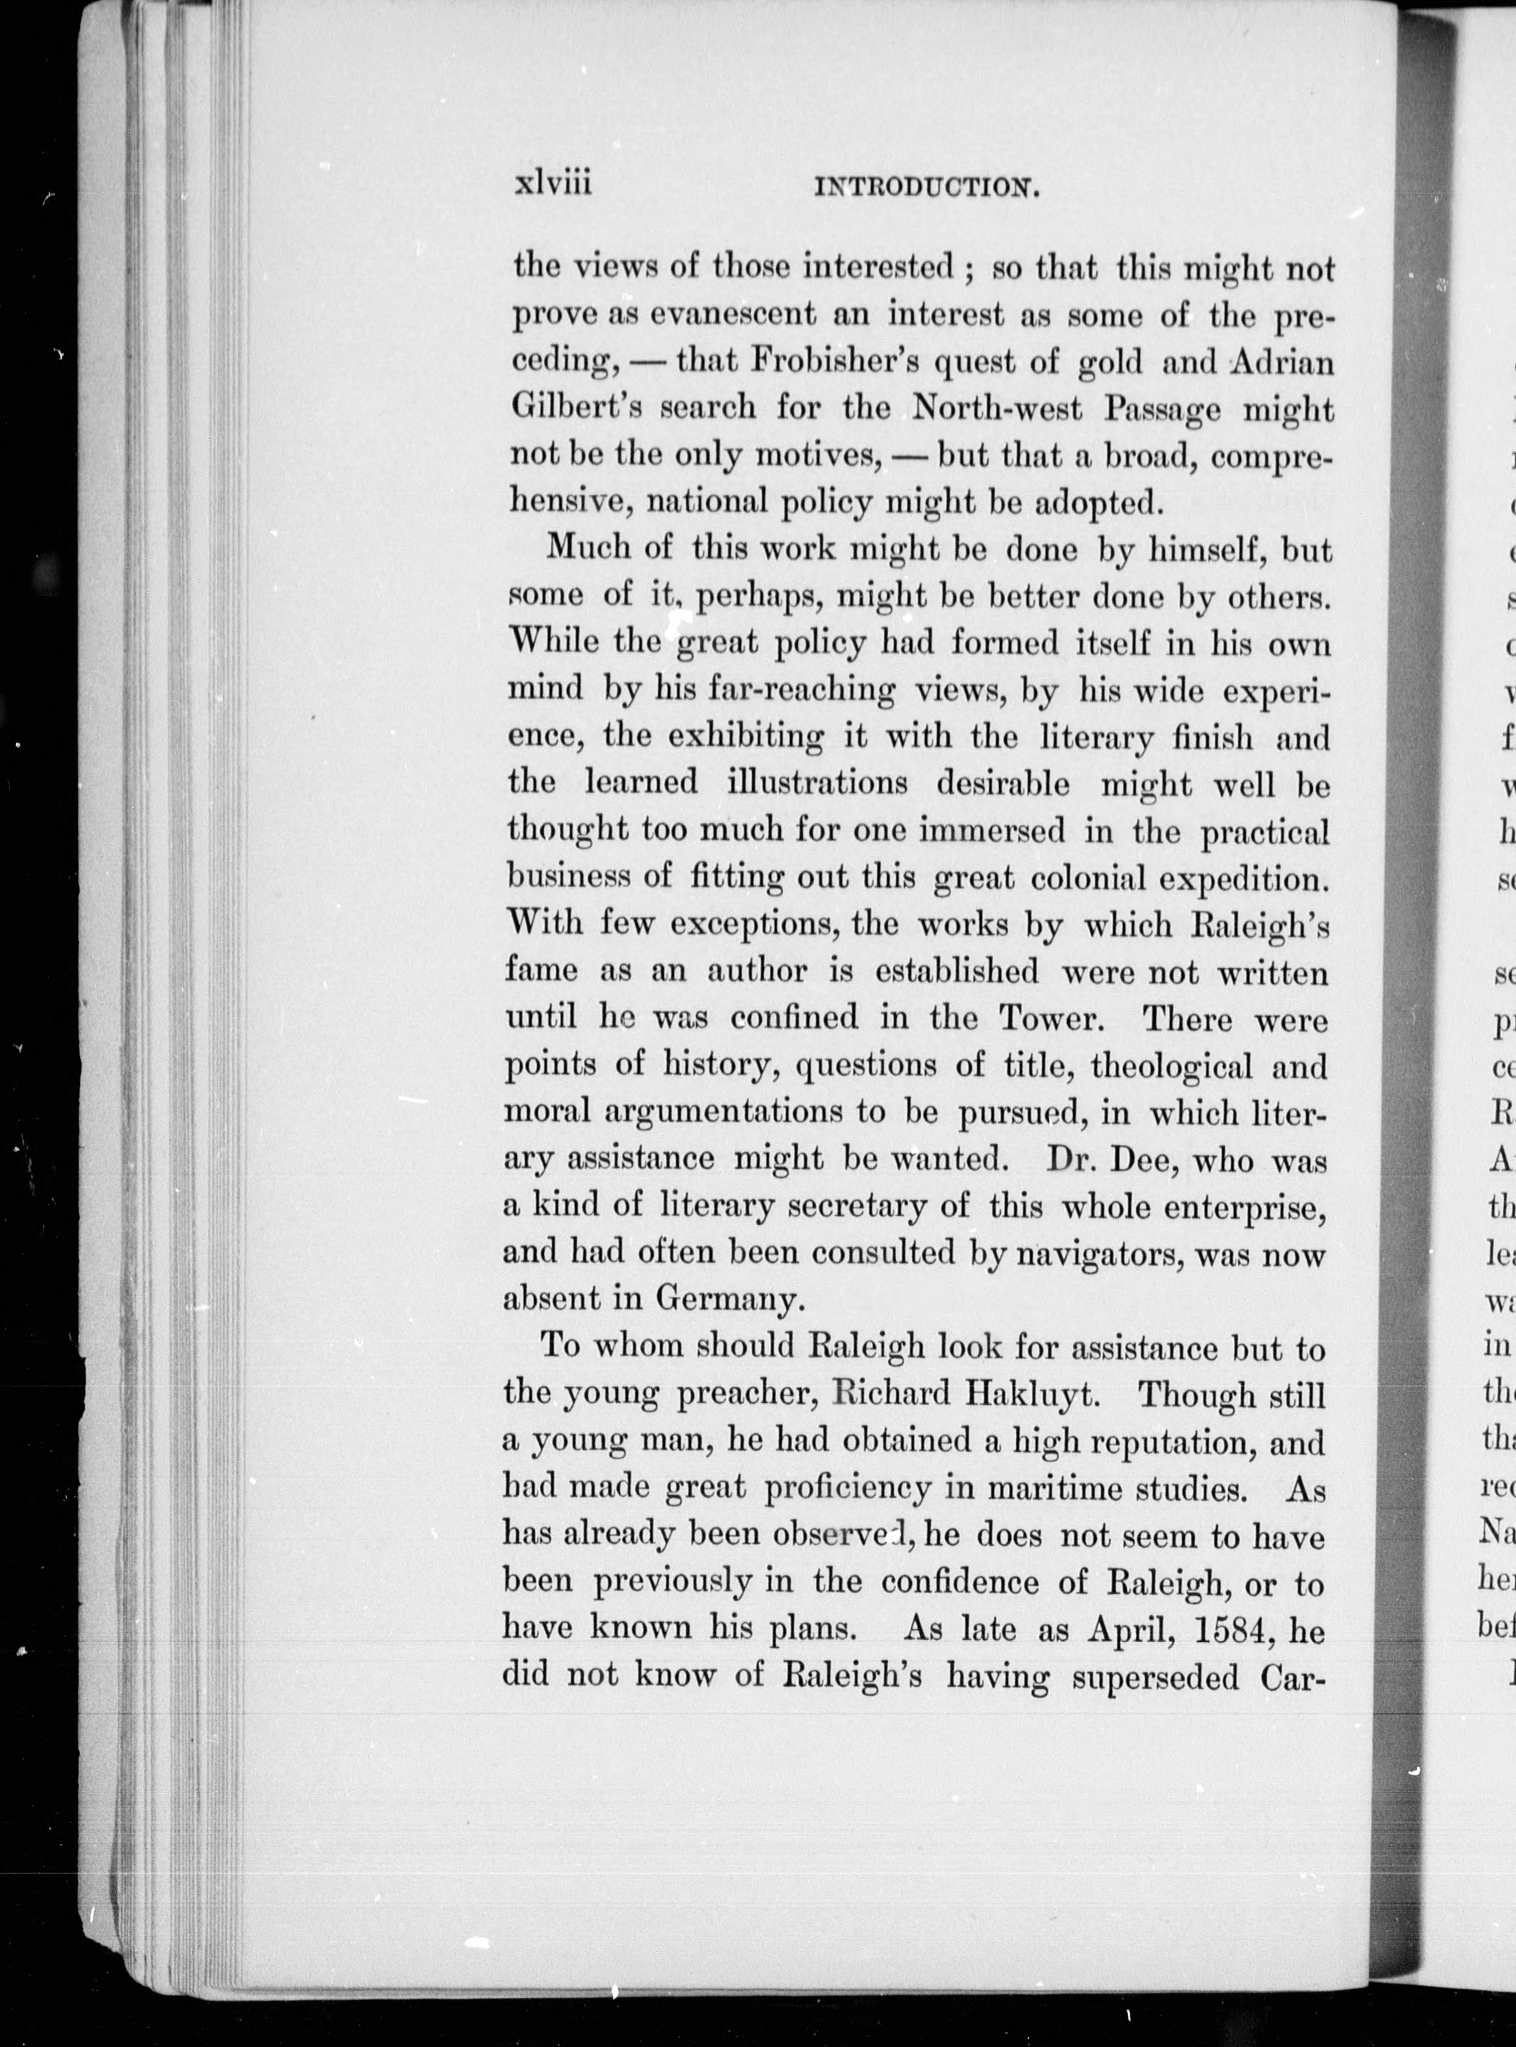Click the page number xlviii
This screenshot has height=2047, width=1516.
tap(552, 183)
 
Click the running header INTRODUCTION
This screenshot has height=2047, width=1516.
tap(926, 189)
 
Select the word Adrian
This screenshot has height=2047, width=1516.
tap(1281, 363)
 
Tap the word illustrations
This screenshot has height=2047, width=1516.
tap(816, 783)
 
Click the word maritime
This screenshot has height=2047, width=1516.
tap(1053, 1488)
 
